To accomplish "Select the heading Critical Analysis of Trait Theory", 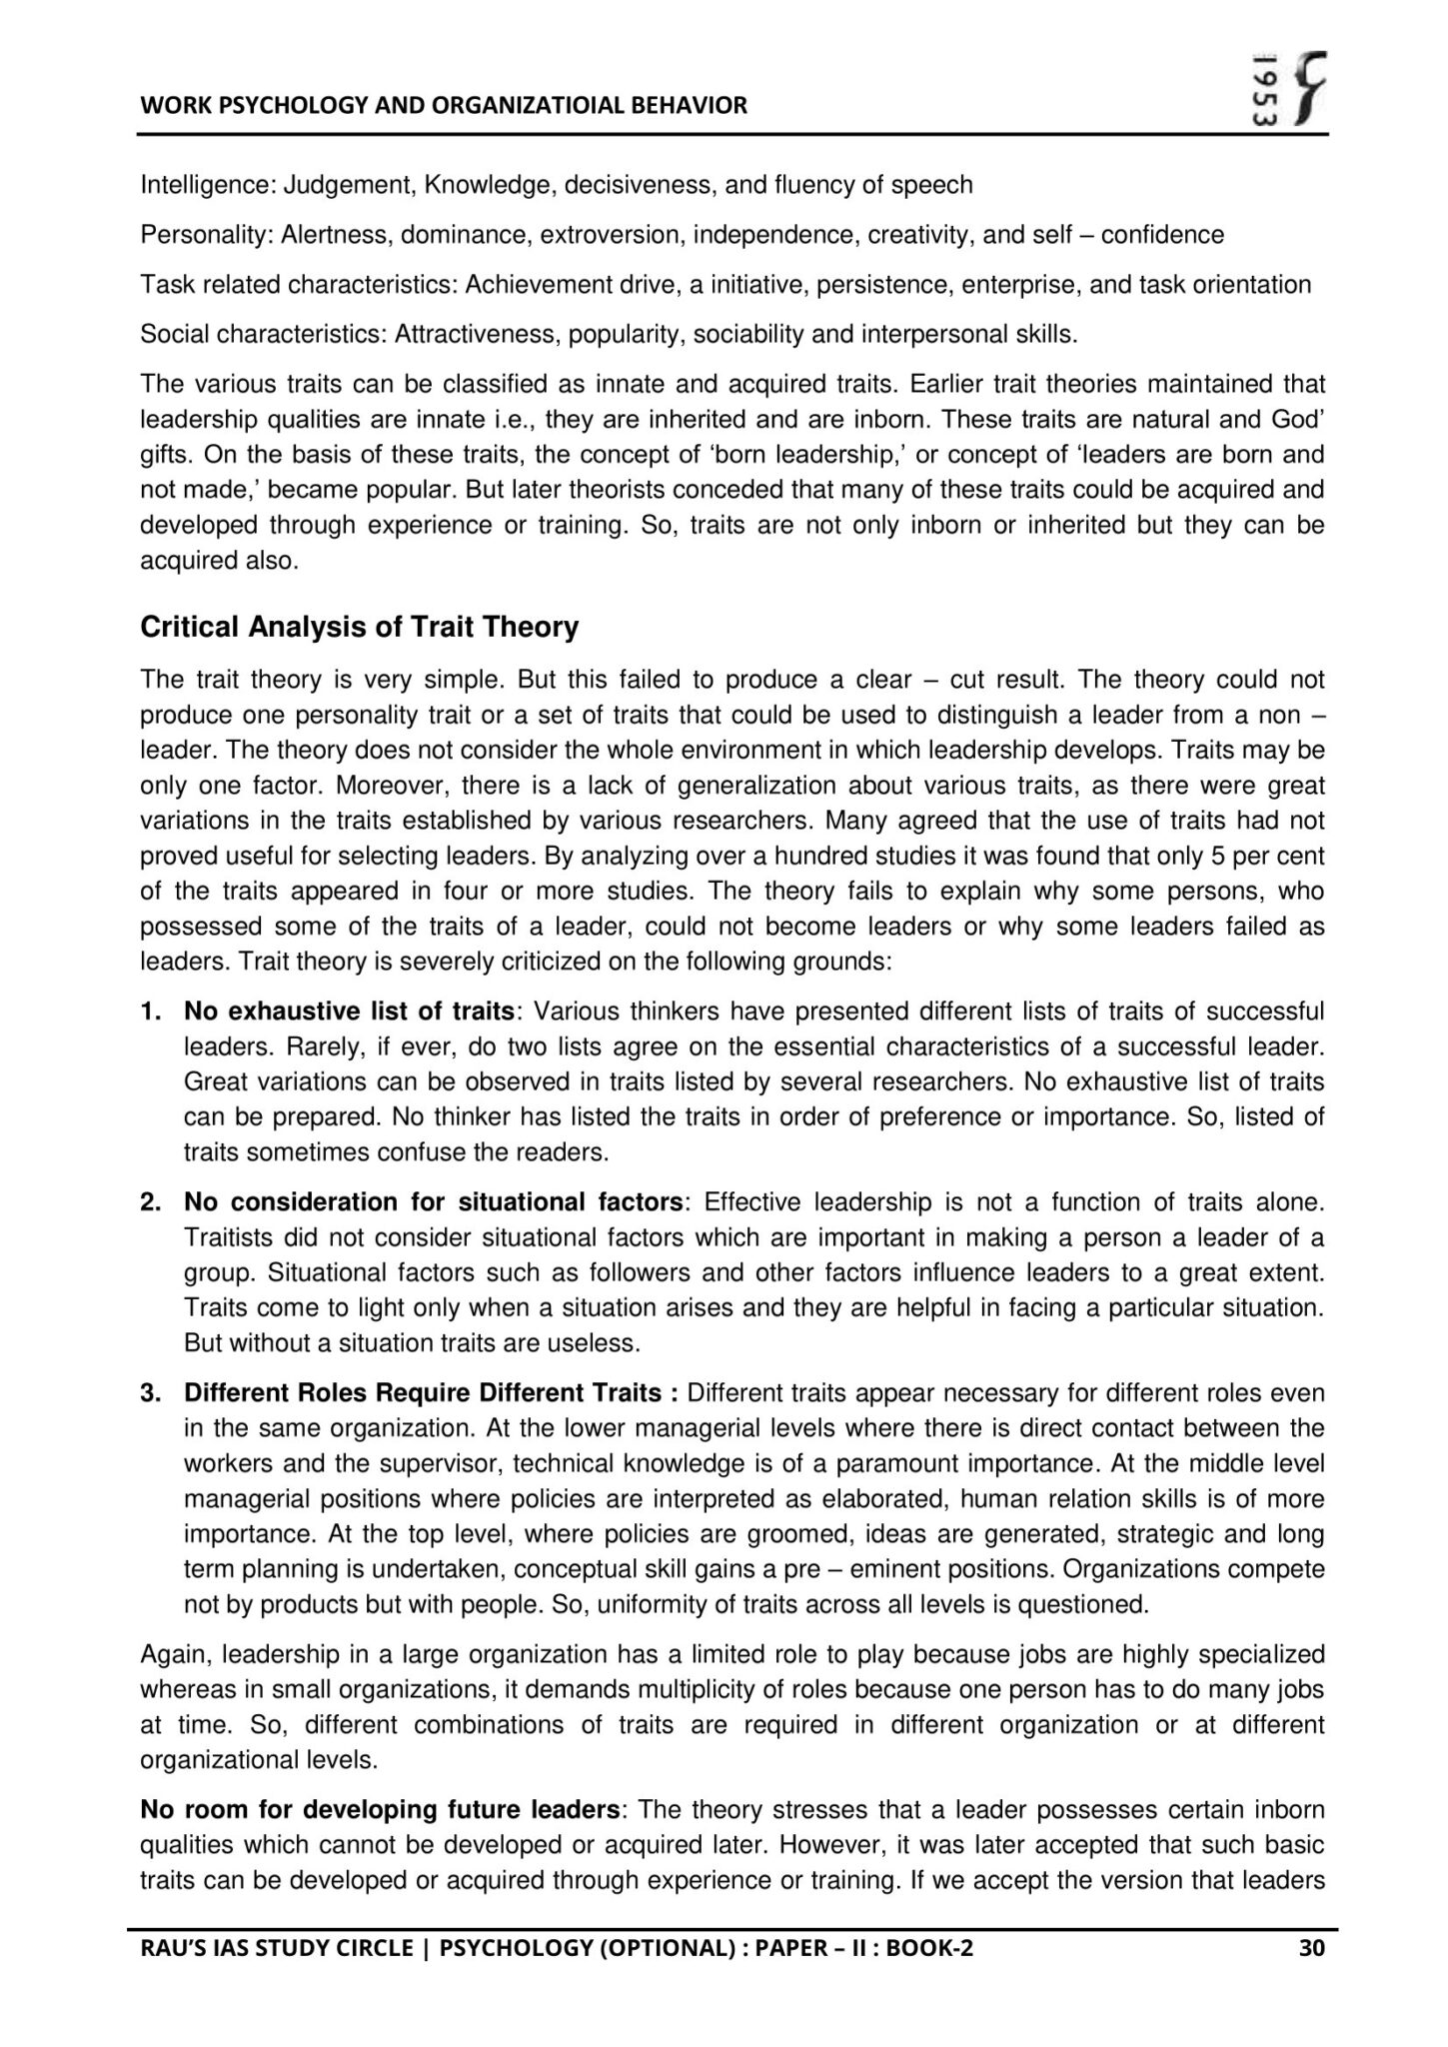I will pos(359,628).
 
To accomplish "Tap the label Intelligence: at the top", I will pos(208,185).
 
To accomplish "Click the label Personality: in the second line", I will pos(206,235).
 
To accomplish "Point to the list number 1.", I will pos(150,1012).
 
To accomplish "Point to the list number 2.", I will pos(150,1202).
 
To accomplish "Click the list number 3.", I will pos(150,1393).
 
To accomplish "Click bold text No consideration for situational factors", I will pos(434,1202).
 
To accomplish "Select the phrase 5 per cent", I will pos(1268,857).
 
